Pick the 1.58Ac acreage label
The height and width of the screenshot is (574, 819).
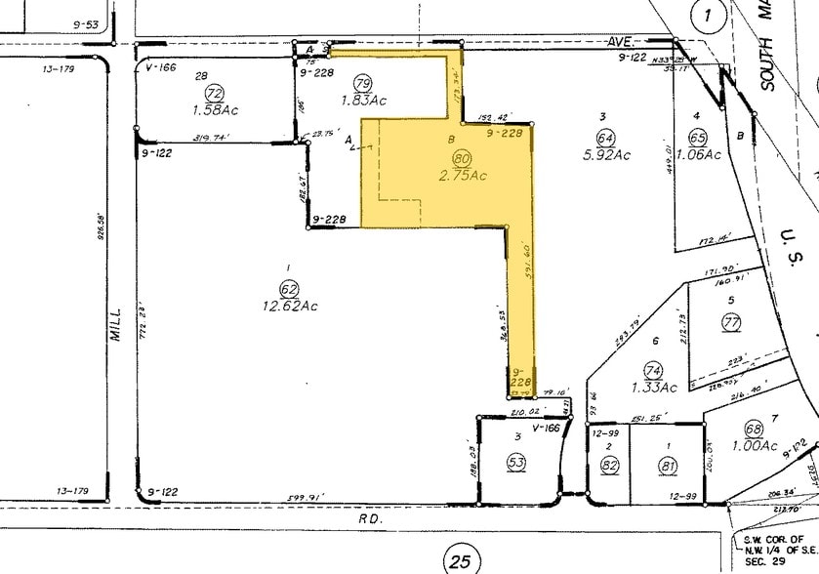click(x=216, y=109)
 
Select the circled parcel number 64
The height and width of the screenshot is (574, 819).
click(x=606, y=138)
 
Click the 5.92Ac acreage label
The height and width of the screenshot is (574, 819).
click(x=607, y=155)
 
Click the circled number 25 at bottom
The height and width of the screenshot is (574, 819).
click(x=462, y=560)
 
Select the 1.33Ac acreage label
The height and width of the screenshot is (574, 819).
click(x=654, y=388)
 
